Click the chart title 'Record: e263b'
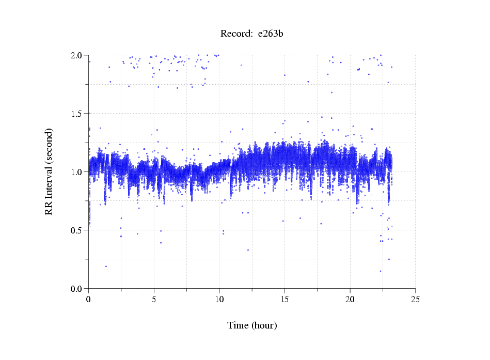pyautogui.click(x=252, y=34)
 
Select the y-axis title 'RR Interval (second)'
pyautogui.click(x=49, y=171)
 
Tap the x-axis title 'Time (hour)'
pyautogui.click(x=252, y=325)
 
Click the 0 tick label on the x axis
pyautogui.click(x=89, y=299)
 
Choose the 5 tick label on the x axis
pyautogui.click(x=154, y=299)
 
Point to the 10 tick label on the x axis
pyautogui.click(x=219, y=299)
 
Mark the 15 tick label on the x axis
pyautogui.click(x=284, y=299)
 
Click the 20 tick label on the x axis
pyautogui.click(x=350, y=299)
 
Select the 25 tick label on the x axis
pyautogui.click(x=415, y=299)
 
